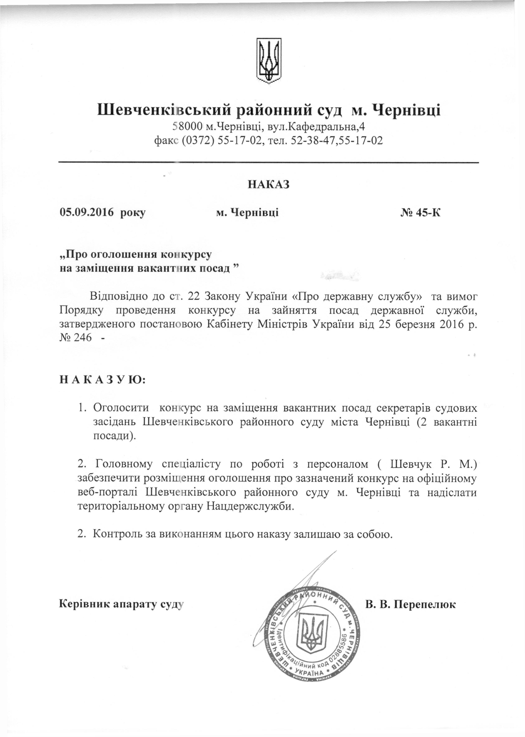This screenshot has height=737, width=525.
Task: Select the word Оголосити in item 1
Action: click(121, 408)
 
